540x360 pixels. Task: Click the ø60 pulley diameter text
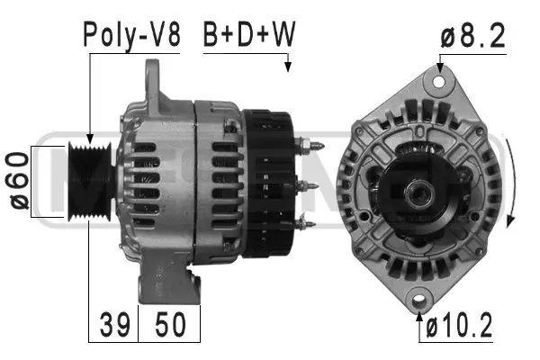tap(19, 180)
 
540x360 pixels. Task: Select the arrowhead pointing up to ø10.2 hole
tap(420, 313)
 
